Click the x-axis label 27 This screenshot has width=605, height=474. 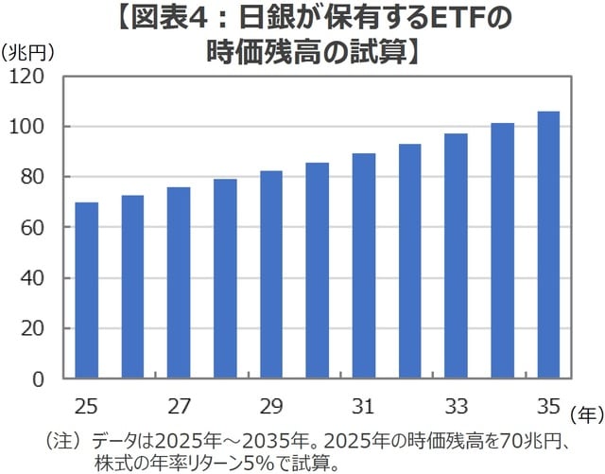click(x=179, y=407)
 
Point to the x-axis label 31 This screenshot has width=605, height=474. click(x=364, y=407)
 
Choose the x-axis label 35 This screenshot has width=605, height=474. click(x=548, y=407)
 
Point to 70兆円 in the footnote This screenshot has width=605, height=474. click(x=526, y=441)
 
